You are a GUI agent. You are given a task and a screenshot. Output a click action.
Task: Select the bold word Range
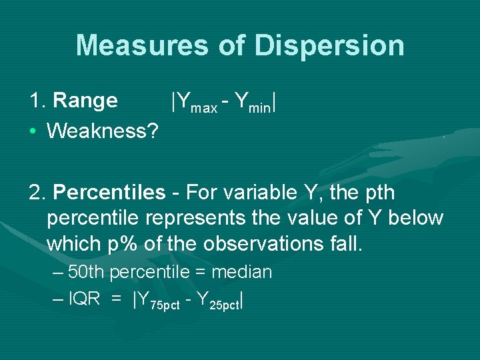pos(85,101)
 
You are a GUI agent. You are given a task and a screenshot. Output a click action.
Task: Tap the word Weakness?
pos(103,131)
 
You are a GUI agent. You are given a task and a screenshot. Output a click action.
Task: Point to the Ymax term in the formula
pos(197,103)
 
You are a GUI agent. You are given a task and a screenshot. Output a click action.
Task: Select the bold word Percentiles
pos(109,193)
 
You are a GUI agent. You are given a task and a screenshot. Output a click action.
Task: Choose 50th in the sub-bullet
pos(87,272)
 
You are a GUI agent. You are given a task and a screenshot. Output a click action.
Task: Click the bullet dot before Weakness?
pos(33,131)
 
